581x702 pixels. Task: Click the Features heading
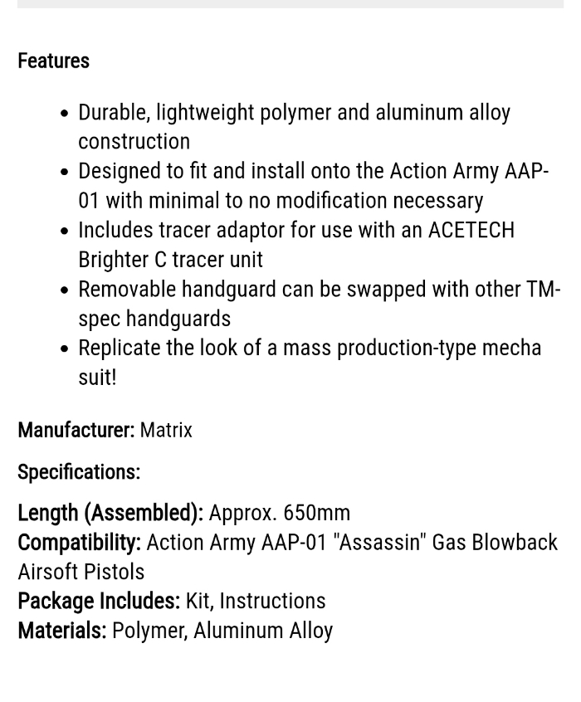(53, 61)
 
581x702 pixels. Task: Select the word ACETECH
(471, 230)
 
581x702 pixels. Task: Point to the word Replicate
(120, 348)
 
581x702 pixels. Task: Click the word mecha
(510, 348)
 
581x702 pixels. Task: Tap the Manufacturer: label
(76, 430)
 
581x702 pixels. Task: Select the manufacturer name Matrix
(166, 430)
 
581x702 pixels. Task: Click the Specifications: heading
(79, 472)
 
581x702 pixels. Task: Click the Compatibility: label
(79, 542)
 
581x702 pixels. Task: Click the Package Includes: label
(99, 600)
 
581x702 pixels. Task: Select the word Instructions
(272, 600)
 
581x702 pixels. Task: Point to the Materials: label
(62, 631)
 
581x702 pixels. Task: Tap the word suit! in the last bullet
(97, 378)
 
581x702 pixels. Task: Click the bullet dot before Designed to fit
(65, 173)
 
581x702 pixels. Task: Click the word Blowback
(515, 542)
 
